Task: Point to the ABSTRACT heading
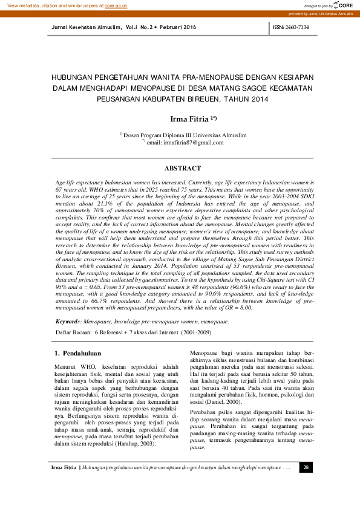(x=183, y=168)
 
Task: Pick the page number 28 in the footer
(x=306, y=484)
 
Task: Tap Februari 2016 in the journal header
(x=178, y=28)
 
